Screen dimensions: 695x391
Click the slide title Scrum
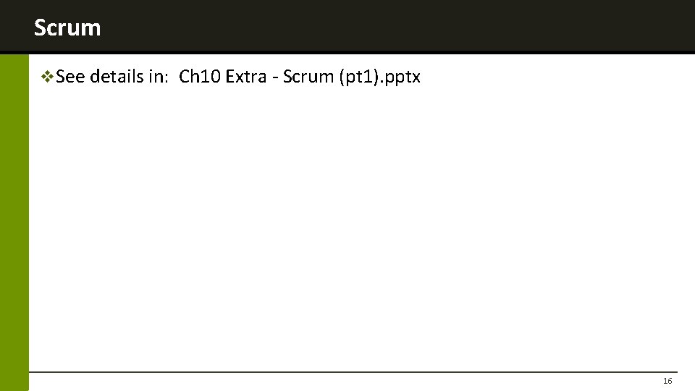67,28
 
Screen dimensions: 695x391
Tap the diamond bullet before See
48,76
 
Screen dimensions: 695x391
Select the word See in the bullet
71,76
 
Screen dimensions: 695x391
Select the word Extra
246,76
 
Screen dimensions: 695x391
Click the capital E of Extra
230,76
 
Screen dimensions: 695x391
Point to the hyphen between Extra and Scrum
275,77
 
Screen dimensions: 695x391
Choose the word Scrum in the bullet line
307,76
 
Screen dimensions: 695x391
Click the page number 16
667,381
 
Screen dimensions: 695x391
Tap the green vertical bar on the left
14,217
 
